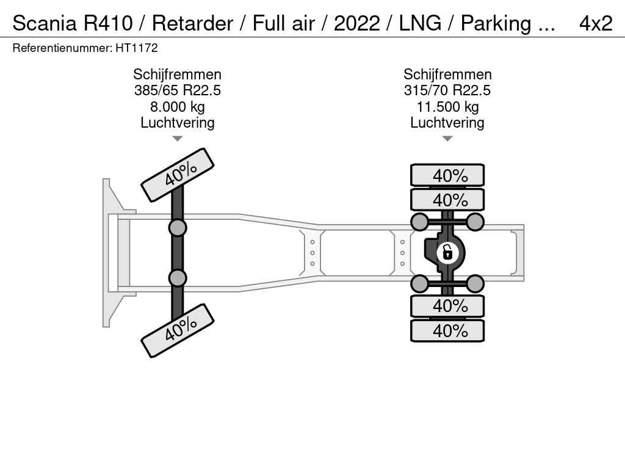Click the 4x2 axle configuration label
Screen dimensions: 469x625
point(595,23)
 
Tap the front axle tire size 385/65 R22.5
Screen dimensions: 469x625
point(177,91)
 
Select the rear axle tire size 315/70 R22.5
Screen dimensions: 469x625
point(447,91)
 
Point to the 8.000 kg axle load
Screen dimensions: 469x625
point(177,107)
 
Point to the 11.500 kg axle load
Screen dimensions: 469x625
point(447,107)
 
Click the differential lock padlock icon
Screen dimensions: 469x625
point(447,252)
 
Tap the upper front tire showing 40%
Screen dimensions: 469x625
point(178,175)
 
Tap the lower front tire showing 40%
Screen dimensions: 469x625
point(178,330)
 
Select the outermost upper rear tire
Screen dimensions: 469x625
point(447,175)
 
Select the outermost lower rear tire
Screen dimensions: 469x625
point(447,331)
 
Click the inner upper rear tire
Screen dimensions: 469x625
point(447,200)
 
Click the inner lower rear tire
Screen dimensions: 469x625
point(447,305)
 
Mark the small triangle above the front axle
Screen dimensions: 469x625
point(177,139)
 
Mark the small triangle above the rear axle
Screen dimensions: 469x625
point(447,139)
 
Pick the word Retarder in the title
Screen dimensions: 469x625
point(192,23)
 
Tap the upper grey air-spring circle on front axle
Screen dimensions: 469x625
point(177,228)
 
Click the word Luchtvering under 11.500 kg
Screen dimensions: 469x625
point(447,123)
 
